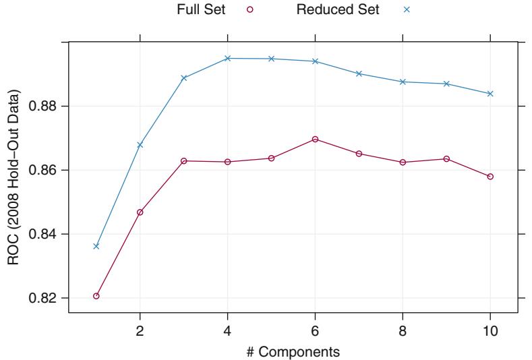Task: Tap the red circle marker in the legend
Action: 250,9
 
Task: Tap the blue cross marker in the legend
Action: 407,9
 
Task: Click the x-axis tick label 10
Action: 490,330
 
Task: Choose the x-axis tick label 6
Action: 315,330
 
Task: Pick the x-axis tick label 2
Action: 140,330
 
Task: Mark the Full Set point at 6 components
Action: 315,139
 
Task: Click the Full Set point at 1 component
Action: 96,296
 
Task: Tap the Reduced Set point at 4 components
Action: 227,58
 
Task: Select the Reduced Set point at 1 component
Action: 96,246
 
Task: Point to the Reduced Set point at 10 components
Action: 490,93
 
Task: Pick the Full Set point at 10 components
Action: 490,177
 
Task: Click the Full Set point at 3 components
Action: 183,160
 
